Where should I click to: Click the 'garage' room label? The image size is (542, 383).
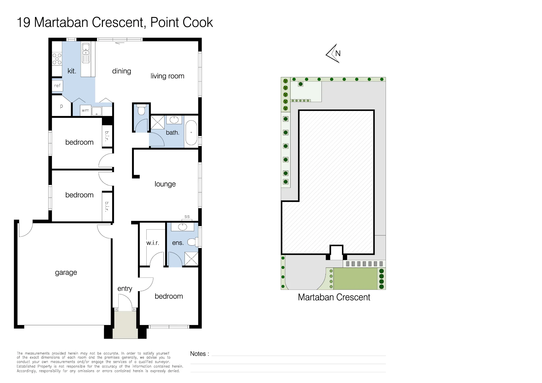coord(66,272)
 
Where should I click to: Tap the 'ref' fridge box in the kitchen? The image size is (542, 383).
coord(57,86)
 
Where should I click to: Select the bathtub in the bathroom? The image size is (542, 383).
coord(191,133)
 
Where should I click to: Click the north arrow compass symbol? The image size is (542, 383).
coord(333,53)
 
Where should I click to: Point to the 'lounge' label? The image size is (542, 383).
coord(165,184)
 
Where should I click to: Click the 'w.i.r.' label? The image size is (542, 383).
coord(153,243)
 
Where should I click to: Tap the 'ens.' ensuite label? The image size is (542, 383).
coord(178,243)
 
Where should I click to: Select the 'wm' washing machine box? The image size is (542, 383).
coord(85,111)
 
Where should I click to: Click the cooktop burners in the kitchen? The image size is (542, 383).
coord(57,59)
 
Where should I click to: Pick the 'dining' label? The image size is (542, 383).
coord(121,71)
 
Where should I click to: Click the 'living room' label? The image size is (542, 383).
coord(167,76)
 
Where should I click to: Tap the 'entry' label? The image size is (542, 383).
coord(125,289)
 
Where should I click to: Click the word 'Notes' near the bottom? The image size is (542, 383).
coord(198,354)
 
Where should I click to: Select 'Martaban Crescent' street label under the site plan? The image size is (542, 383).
coord(334,297)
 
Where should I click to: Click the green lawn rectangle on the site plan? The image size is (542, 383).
coord(355,279)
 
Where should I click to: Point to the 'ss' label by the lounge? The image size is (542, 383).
coord(187,217)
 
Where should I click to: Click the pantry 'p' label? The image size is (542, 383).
coord(62,106)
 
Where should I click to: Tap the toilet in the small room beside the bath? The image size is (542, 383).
coord(141,110)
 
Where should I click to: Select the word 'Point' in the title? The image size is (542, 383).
coord(161,22)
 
